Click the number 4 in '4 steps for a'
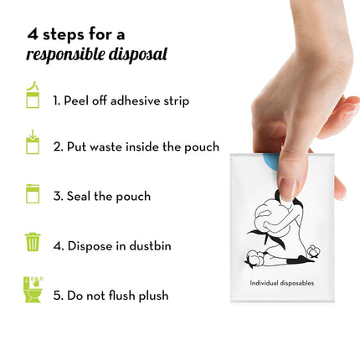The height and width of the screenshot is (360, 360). click(x=32, y=34)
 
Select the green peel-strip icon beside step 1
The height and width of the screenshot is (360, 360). click(x=33, y=95)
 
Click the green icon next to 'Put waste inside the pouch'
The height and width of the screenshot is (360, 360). click(x=33, y=142)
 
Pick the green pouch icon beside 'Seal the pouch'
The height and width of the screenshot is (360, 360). click(x=33, y=194)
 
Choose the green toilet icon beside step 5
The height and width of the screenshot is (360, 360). click(x=33, y=290)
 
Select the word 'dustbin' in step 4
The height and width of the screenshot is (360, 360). click(x=150, y=246)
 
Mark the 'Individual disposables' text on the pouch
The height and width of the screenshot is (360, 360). click(x=281, y=283)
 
